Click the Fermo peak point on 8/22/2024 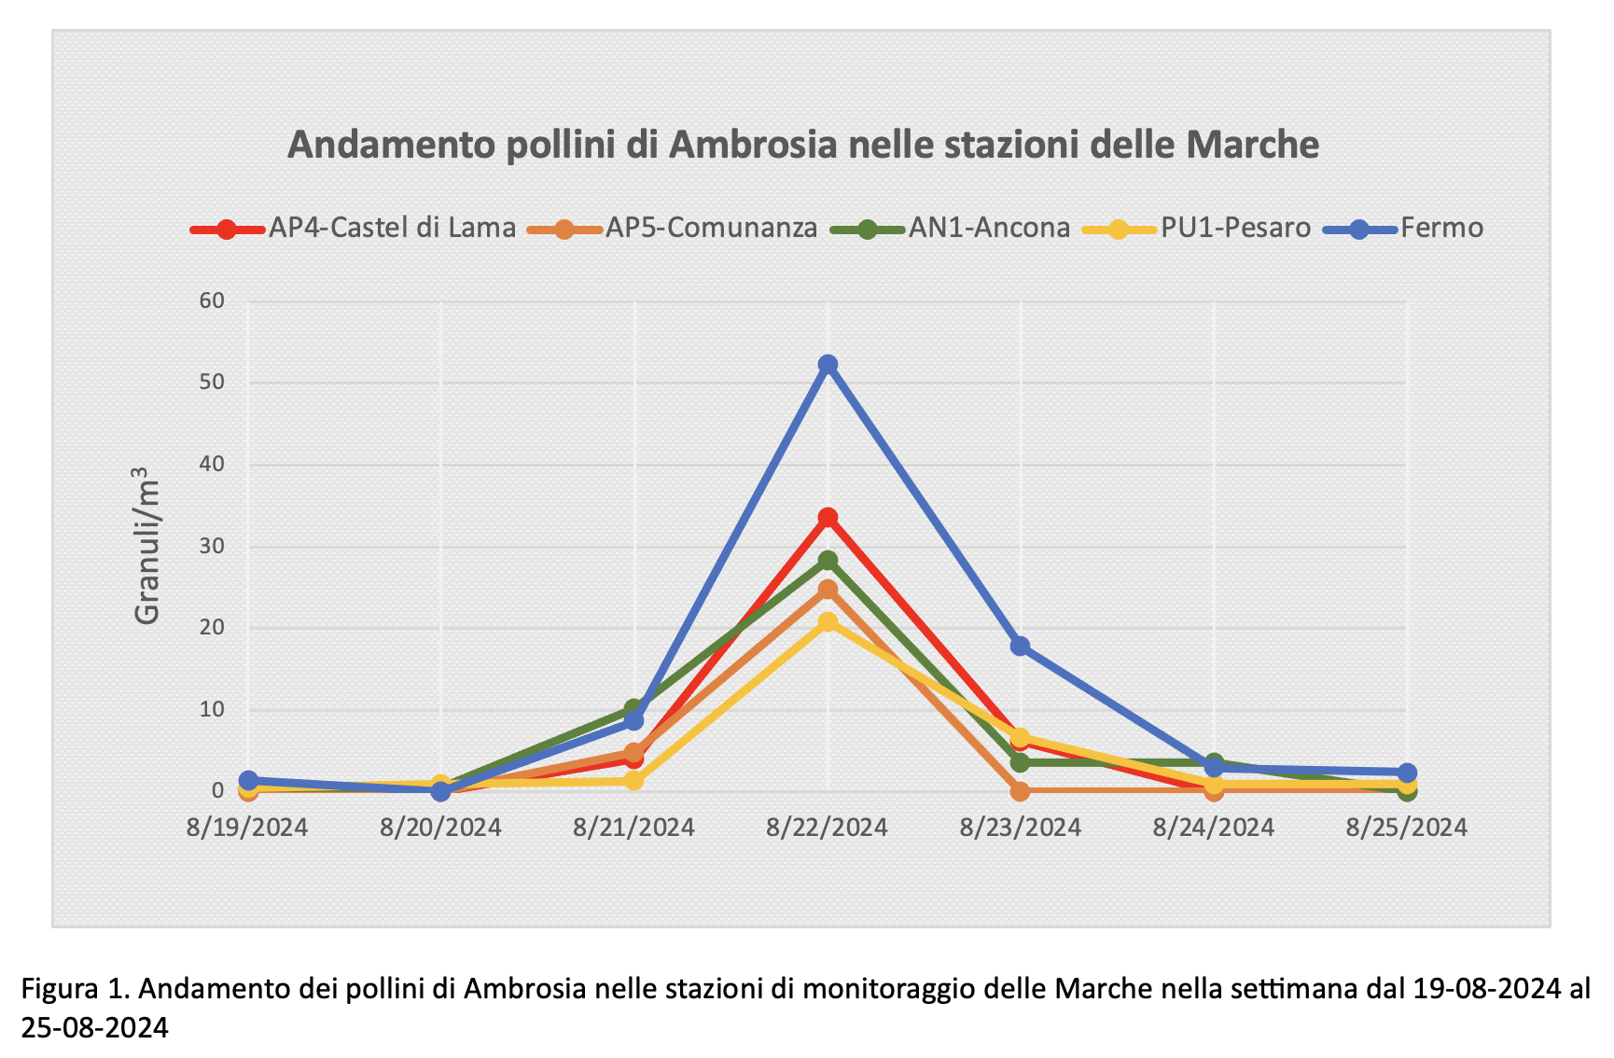coord(828,365)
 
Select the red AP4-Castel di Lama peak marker coord(828,518)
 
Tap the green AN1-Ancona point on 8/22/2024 coord(828,561)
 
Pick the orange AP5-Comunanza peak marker coord(828,590)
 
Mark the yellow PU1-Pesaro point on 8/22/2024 coord(828,622)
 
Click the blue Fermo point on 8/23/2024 coord(1020,647)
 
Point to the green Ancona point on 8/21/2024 coord(633,709)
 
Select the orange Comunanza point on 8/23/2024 coord(1020,791)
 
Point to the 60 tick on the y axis coord(212,300)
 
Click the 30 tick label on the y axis coord(212,546)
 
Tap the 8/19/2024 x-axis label coord(247,828)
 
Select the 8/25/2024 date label coord(1406,828)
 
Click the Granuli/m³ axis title coord(147,546)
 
